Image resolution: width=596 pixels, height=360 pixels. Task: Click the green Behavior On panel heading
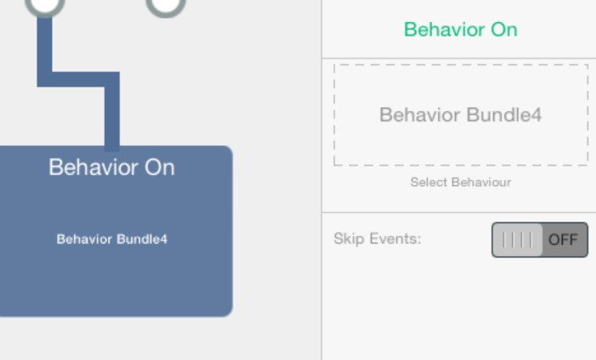460,30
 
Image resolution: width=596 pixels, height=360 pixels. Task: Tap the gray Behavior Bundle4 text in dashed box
460,115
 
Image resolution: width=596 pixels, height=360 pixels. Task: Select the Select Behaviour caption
461,183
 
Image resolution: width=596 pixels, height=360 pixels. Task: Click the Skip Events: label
378,239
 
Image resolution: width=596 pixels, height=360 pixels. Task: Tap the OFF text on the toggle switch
563,239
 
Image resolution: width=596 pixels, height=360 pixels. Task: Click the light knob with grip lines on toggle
517,240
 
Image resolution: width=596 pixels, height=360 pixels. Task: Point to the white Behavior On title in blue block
112,167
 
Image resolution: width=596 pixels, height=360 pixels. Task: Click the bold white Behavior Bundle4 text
112,239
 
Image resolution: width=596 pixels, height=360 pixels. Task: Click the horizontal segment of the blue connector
78,80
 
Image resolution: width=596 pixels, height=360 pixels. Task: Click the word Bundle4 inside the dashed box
504,115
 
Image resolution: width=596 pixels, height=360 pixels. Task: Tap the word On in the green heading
504,30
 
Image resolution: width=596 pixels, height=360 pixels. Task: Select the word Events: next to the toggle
396,239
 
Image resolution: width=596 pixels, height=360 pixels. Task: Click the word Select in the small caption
429,183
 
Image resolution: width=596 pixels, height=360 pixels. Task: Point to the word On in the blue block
160,167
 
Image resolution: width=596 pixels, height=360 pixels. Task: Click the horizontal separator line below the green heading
458,59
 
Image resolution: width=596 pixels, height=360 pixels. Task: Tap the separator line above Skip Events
458,212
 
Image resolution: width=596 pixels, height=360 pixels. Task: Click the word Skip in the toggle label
349,239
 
